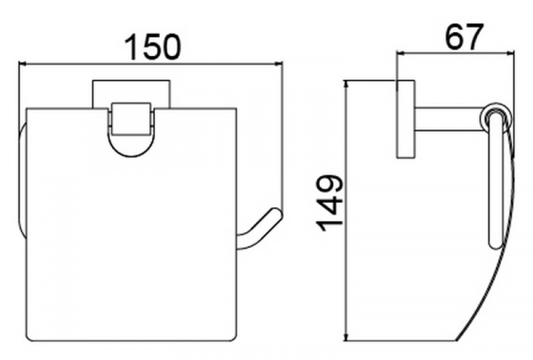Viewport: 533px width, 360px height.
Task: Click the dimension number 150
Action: tap(152, 46)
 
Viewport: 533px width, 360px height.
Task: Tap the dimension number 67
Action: tap(464, 36)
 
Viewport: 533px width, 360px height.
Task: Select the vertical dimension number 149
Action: tap(330, 204)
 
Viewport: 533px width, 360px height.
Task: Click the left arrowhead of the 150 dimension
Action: tap(21, 63)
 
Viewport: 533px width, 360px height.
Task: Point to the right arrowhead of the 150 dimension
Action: tap(279, 63)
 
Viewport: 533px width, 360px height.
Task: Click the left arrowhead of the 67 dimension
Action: tap(401, 52)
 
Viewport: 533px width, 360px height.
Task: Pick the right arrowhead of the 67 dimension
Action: tap(511, 52)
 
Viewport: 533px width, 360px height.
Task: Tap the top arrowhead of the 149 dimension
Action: tap(346, 84)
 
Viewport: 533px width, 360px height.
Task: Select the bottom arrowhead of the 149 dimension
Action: tap(346, 337)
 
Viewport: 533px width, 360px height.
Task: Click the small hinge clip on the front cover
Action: tap(131, 119)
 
